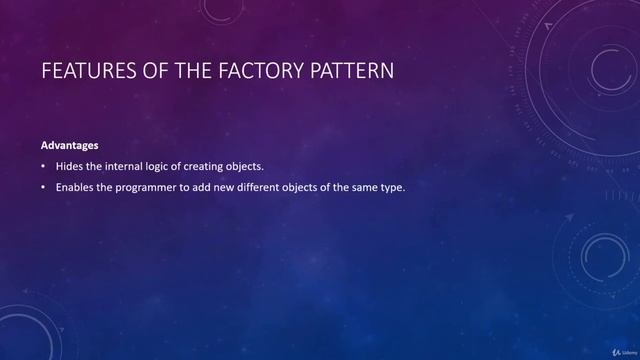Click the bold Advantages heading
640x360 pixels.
coord(69,146)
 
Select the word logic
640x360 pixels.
coord(174,166)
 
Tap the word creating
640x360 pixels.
coord(221,166)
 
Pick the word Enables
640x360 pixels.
coord(79,187)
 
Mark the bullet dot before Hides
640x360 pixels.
coord(43,166)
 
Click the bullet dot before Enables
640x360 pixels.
coord(43,187)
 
